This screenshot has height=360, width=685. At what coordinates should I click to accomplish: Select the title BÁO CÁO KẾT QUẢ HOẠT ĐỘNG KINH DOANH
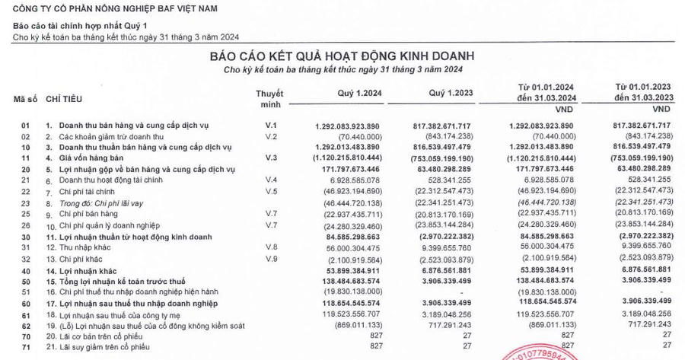pos(342,56)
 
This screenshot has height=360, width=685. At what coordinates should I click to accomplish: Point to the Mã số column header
pos(25,100)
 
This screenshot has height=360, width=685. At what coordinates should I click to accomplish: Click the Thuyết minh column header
pos(269,100)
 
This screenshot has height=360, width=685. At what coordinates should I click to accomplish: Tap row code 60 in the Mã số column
pos(25,304)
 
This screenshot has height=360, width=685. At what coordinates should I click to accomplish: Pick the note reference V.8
pos(268,247)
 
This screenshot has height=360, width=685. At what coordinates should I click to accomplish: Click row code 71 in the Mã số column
pos(25,346)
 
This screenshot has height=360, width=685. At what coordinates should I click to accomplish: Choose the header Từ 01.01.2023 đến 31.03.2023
pos(643,94)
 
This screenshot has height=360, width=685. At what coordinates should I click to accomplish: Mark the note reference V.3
pos(268,157)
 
